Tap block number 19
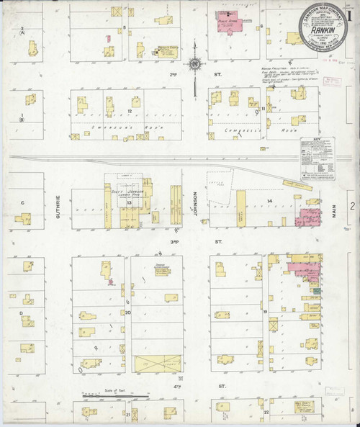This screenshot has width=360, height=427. (266, 311)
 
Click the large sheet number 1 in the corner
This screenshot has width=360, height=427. (347, 13)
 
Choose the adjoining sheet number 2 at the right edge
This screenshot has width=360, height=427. (351, 207)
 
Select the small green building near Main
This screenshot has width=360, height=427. (316, 289)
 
